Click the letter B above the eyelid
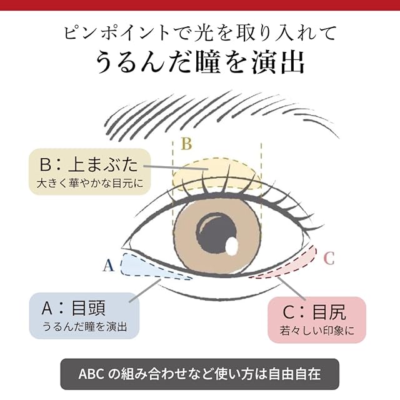pyautogui.click(x=186, y=144)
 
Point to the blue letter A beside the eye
pyautogui.click(x=108, y=266)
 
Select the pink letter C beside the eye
pyautogui.click(x=329, y=257)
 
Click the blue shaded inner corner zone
pyautogui.click(x=141, y=266)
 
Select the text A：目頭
pyautogui.click(x=73, y=307)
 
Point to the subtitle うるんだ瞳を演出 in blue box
pyautogui.click(x=84, y=326)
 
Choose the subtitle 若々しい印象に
pyautogui.click(x=317, y=330)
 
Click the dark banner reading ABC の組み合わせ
pyautogui.click(x=199, y=374)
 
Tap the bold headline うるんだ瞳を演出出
pyautogui.click(x=200, y=62)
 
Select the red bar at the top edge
pyautogui.click(x=200, y=5)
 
